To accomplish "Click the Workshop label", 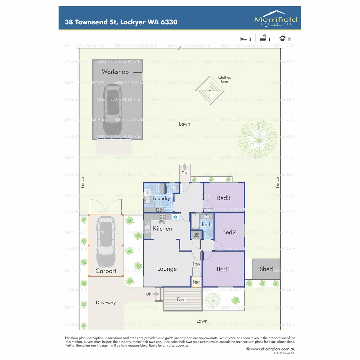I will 115,72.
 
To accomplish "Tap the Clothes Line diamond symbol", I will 210,90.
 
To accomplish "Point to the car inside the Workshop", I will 113,109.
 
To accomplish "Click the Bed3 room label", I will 224,198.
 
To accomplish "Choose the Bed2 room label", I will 229,232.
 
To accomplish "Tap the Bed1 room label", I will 223,269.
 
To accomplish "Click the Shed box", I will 266,269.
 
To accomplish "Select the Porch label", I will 197,282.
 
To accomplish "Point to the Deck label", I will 183,299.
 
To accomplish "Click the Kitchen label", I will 163,228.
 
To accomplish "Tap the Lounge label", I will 167,269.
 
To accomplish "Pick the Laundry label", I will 161,199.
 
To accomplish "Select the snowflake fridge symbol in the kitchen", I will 175,217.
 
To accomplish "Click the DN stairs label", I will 184,173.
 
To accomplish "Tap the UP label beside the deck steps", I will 149,294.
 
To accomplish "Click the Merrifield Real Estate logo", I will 275,18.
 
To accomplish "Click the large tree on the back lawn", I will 257,139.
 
